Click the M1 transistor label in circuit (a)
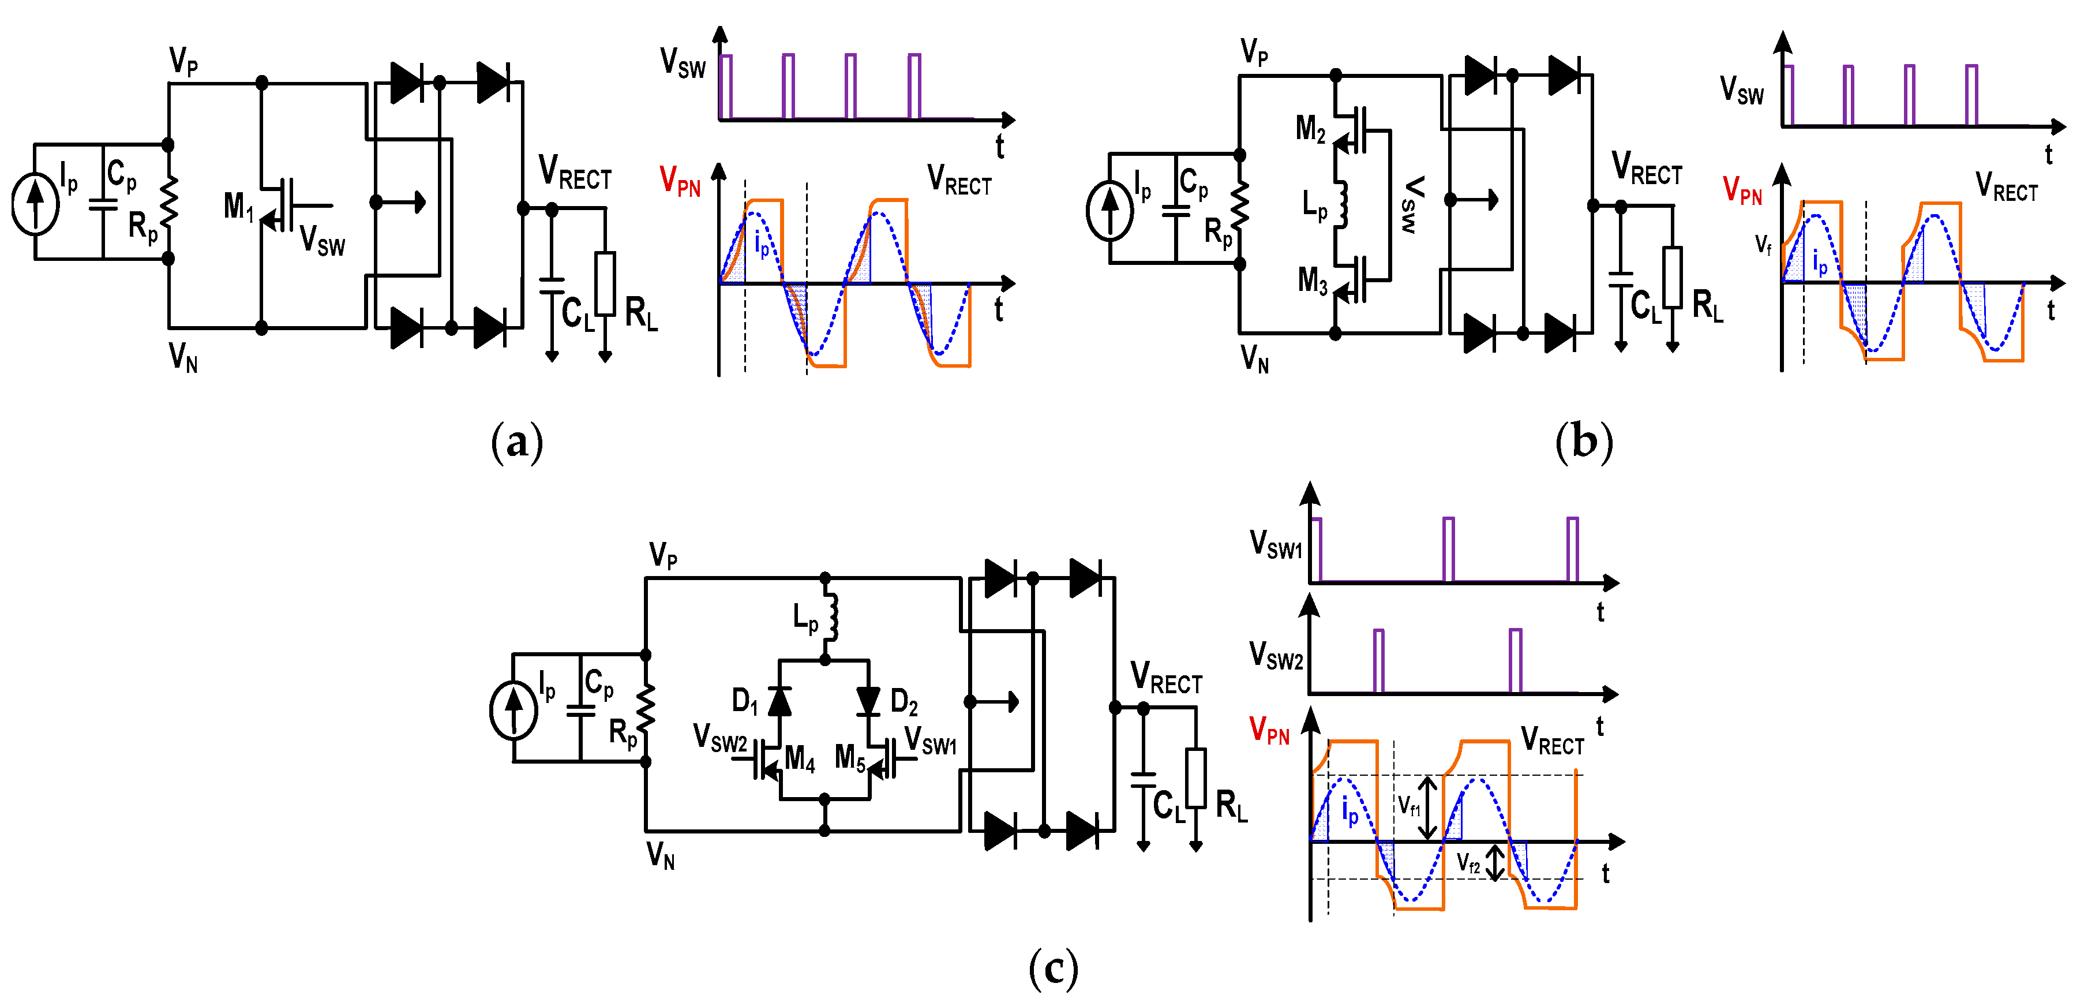coord(238,206)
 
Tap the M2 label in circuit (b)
coord(1311,128)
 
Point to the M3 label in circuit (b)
coord(1313,281)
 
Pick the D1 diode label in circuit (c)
coord(744,701)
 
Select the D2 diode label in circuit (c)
coord(904,702)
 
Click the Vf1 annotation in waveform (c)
coord(1409,806)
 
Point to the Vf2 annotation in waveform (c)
coord(1468,863)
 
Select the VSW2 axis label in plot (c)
coord(1276,655)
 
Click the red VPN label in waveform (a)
coord(679,180)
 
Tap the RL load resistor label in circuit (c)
coord(1231,806)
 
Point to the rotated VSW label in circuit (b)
coord(1412,204)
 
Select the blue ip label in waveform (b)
coord(1820,262)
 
